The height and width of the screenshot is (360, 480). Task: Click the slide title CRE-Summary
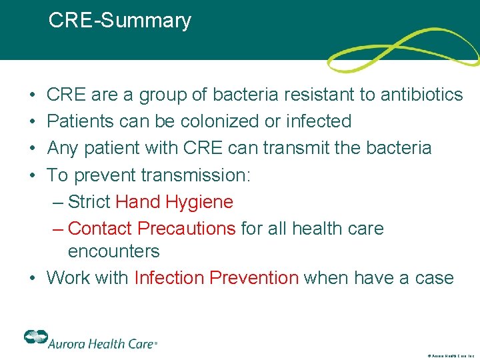[120, 21]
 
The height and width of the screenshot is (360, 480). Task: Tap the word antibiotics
[421, 95]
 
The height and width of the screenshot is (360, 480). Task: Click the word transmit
[295, 147]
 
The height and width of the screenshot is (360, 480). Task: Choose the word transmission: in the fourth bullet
[196, 175]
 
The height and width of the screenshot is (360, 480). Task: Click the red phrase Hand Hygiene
[175, 202]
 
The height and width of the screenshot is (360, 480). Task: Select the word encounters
[113, 251]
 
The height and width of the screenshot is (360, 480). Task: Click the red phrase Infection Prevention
[217, 277]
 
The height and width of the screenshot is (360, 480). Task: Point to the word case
[431, 277]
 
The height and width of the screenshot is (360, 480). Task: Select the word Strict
[89, 202]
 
